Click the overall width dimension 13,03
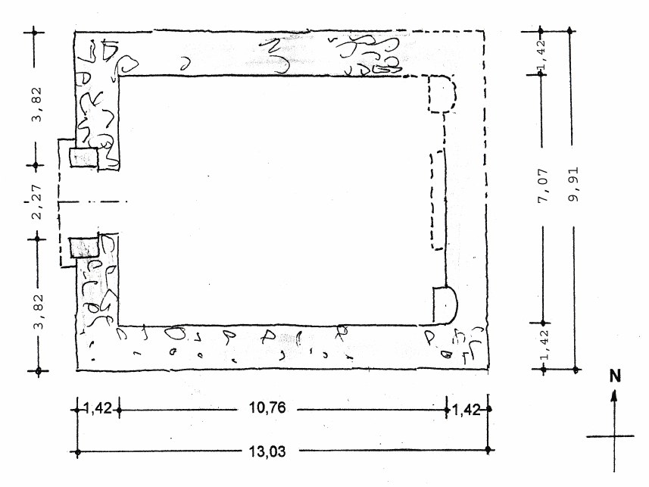[x=267, y=451]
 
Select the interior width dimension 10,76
[x=267, y=408]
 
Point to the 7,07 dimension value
[x=543, y=185]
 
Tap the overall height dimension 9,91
[x=575, y=184]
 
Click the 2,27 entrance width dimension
[x=36, y=201]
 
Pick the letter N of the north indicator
[x=615, y=376]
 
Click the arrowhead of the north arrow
[x=615, y=396]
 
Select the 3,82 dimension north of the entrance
[x=37, y=104]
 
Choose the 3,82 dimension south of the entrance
[x=38, y=311]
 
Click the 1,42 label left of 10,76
[x=98, y=409]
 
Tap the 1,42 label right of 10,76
[x=466, y=411]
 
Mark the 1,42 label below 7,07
[x=544, y=345]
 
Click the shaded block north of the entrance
[x=84, y=158]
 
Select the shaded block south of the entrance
[x=84, y=248]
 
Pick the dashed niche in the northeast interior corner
[x=442, y=94]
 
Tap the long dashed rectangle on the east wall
[x=438, y=200]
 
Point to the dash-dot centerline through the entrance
[x=92, y=202]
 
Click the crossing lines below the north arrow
[x=614, y=436]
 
